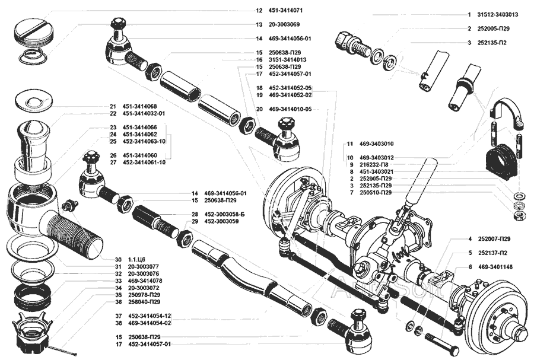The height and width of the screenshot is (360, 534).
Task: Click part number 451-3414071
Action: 288,11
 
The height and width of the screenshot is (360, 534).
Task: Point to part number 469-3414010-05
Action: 290,109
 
